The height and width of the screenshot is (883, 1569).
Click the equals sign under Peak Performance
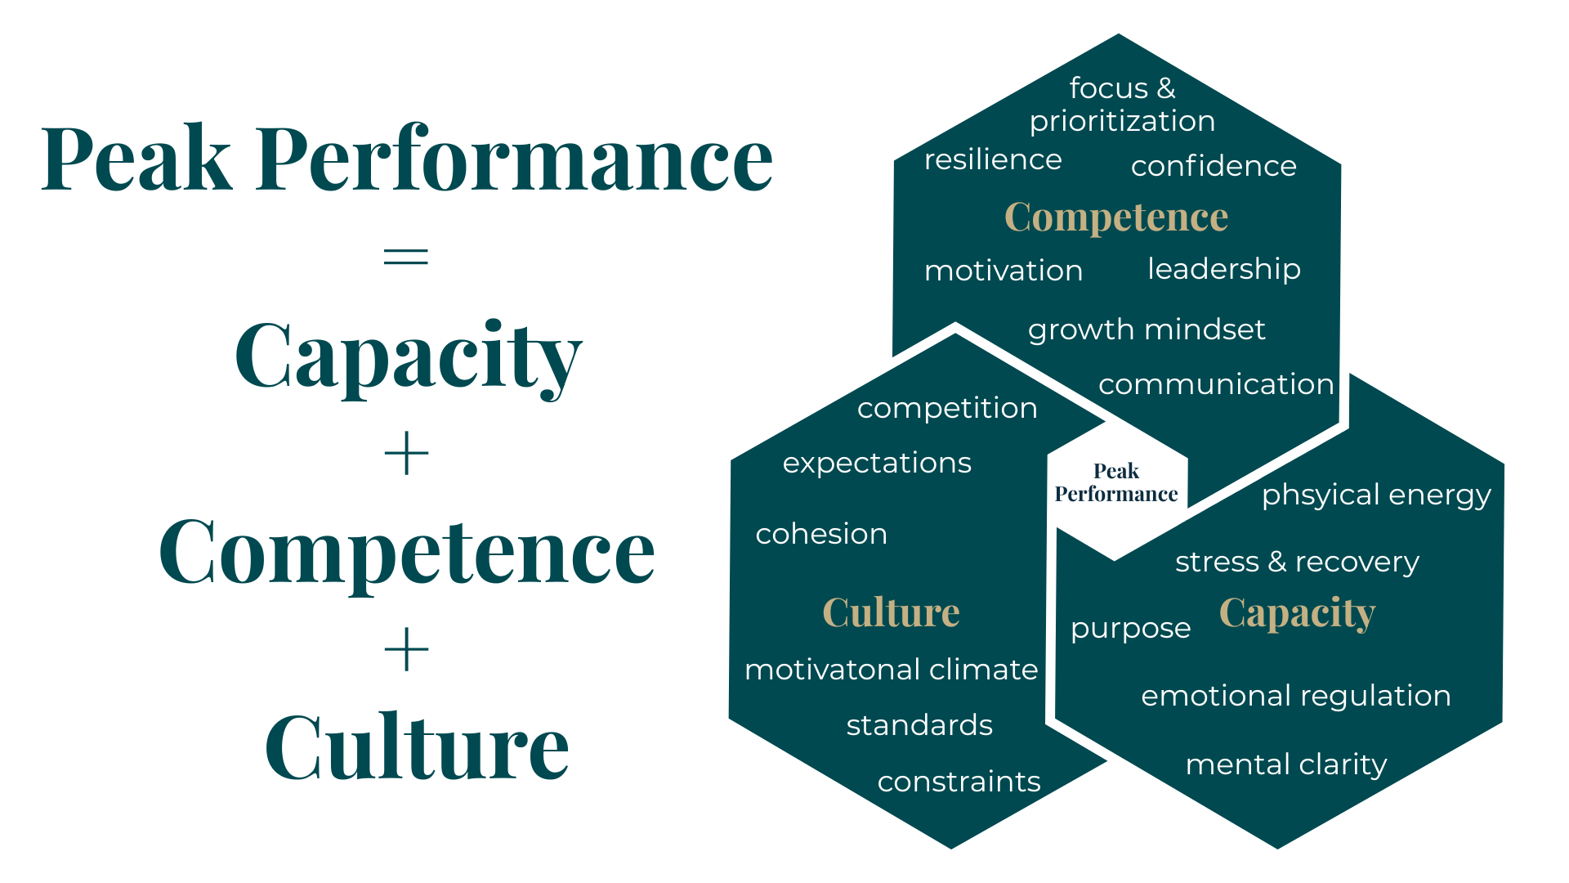pyautogui.click(x=406, y=257)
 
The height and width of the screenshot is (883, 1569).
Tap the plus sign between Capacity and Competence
pyautogui.click(x=406, y=454)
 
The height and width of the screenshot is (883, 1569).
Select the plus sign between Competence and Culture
pyautogui.click(x=406, y=650)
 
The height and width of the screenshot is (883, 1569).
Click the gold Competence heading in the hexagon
pyautogui.click(x=1116, y=217)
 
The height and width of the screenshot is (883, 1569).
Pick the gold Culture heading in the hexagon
pyautogui.click(x=891, y=612)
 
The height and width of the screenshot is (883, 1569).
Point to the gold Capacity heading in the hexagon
pyautogui.click(x=1297, y=612)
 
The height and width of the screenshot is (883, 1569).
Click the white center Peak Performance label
pyautogui.click(x=1116, y=483)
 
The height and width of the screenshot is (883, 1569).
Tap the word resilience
pyautogui.click(x=993, y=159)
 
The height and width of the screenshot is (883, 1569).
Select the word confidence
pyautogui.click(x=1214, y=166)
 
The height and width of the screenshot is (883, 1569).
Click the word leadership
pyautogui.click(x=1223, y=269)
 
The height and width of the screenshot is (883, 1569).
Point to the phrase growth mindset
pyautogui.click(x=1147, y=329)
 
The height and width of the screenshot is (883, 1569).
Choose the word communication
pyautogui.click(x=1216, y=384)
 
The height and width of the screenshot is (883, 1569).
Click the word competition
pyautogui.click(x=947, y=408)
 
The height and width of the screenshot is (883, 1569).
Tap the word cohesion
pyautogui.click(x=821, y=534)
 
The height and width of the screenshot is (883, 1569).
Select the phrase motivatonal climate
pyautogui.click(x=892, y=670)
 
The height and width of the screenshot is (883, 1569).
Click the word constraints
pyautogui.click(x=959, y=782)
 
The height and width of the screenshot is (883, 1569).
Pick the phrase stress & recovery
pyautogui.click(x=1297, y=562)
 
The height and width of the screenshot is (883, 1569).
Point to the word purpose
pyautogui.click(x=1130, y=629)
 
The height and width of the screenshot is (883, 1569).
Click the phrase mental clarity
pyautogui.click(x=1286, y=764)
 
